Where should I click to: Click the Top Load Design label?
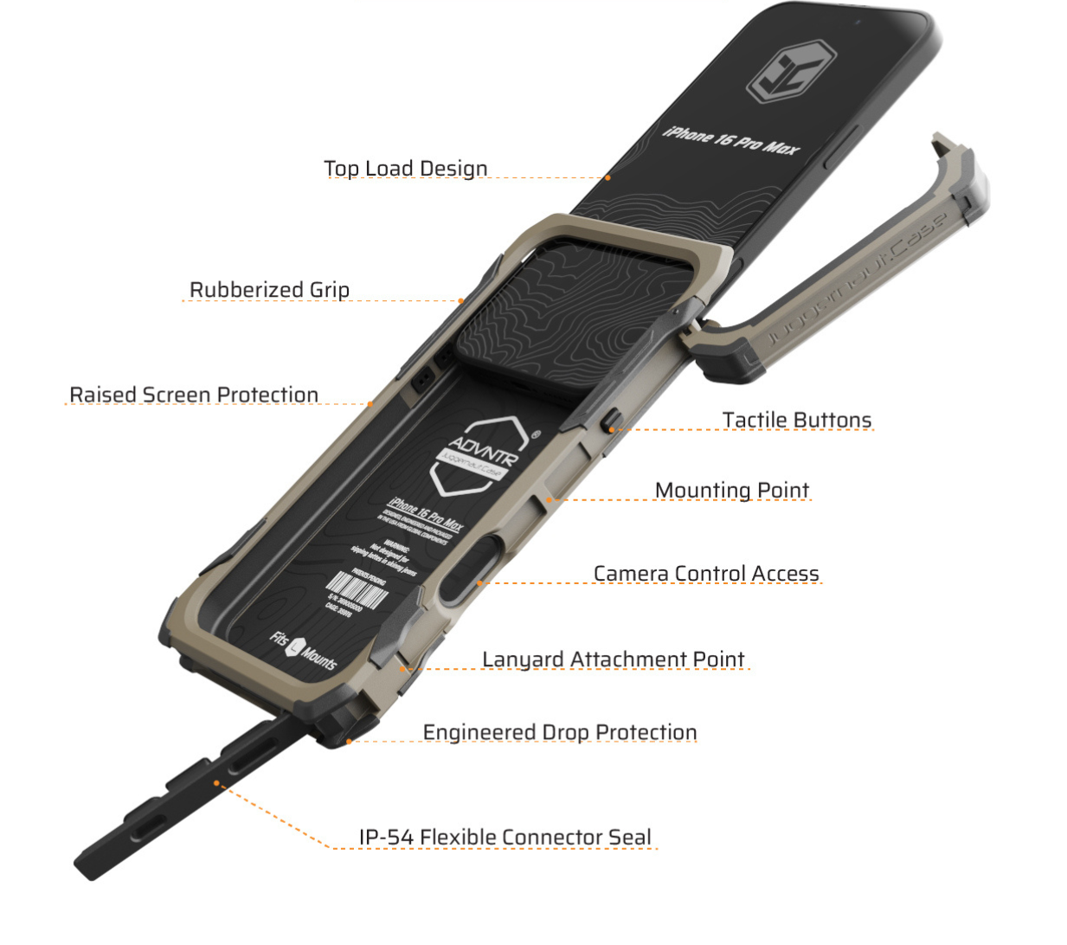[x=405, y=168]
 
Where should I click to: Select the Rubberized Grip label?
[x=269, y=289]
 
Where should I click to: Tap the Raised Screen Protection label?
[x=194, y=395]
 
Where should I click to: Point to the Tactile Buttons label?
[x=796, y=420]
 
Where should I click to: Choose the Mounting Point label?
[x=731, y=490]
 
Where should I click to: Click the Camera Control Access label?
[x=706, y=573]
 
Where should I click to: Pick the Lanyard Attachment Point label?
[x=613, y=659]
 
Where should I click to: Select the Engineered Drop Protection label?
[x=559, y=732]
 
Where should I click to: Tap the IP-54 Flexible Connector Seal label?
[x=505, y=837]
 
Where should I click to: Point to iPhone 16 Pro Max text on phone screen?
[x=731, y=140]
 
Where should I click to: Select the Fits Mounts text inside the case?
[x=302, y=650]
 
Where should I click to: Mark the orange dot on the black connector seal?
[x=217, y=785]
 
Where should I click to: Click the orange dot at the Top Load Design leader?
[x=608, y=177]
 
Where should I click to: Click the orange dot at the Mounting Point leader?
[x=549, y=499]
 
